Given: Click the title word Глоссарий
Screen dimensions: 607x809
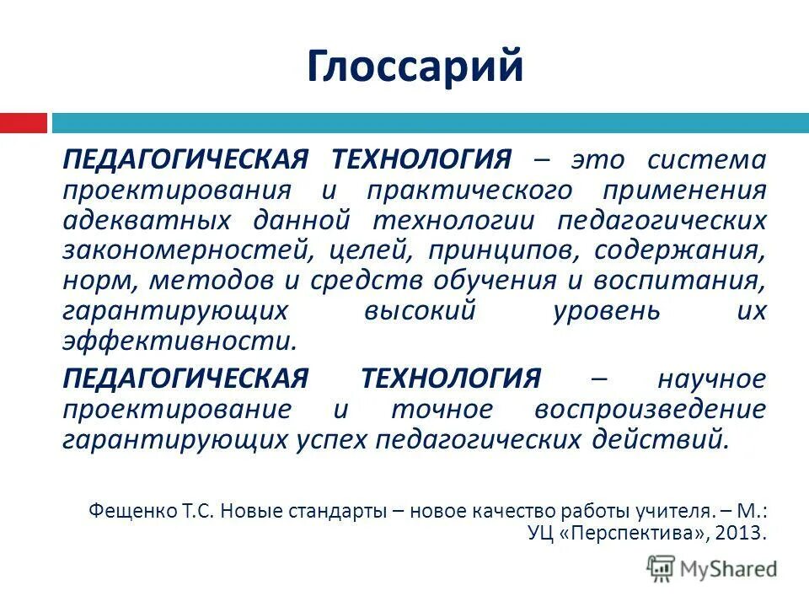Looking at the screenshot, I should point(415,67).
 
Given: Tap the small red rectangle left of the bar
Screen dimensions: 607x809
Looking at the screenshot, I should point(23,123).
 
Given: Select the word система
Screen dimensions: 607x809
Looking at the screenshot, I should point(708,159).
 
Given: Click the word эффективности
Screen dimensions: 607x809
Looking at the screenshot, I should point(179,341).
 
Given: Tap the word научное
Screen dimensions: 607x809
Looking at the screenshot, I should point(712,379).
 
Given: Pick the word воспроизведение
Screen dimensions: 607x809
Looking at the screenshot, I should point(651,409).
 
